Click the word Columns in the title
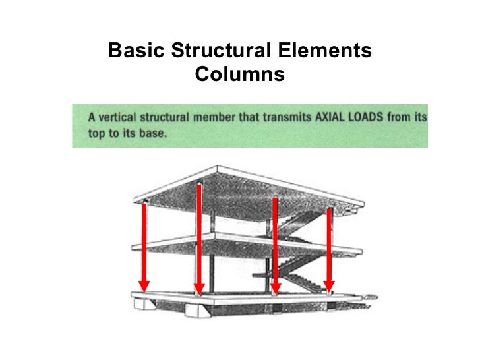239,75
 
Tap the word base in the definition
152,131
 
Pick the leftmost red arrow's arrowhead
144,286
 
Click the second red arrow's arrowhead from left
198,288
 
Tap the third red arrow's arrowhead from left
276,288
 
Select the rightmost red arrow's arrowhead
329,286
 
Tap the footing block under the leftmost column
144,305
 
